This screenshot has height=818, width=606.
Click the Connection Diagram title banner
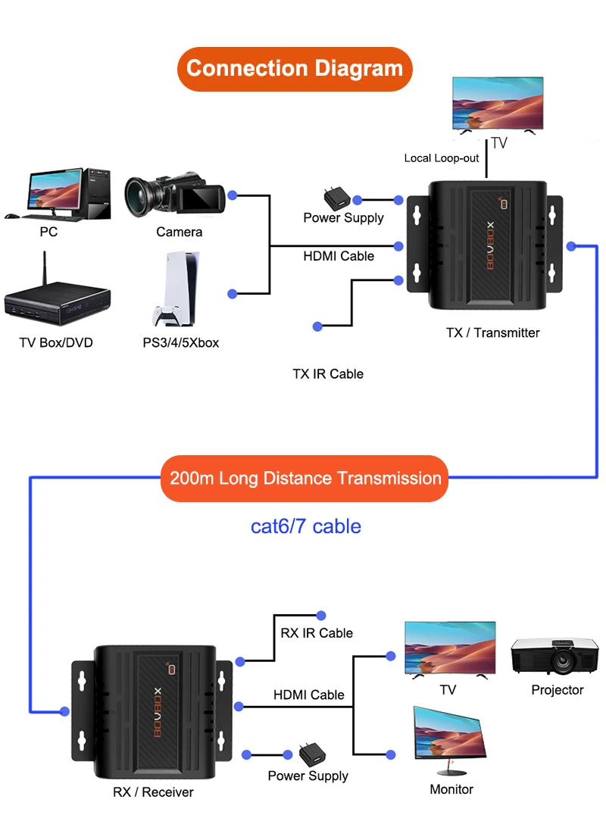(295, 69)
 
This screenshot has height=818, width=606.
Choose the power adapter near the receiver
(311, 754)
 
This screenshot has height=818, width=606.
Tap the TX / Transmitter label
(492, 333)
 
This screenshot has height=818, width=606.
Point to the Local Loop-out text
(442, 158)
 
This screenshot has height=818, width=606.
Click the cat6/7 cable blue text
(305, 526)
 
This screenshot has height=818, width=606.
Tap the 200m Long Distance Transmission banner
(305, 479)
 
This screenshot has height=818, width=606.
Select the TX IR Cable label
(328, 374)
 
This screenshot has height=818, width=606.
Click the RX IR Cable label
(317, 633)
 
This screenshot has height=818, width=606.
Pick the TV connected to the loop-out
(497, 105)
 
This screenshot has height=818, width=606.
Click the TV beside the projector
(449, 648)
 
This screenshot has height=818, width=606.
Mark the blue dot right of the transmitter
(572, 245)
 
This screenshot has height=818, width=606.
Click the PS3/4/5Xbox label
(181, 343)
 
